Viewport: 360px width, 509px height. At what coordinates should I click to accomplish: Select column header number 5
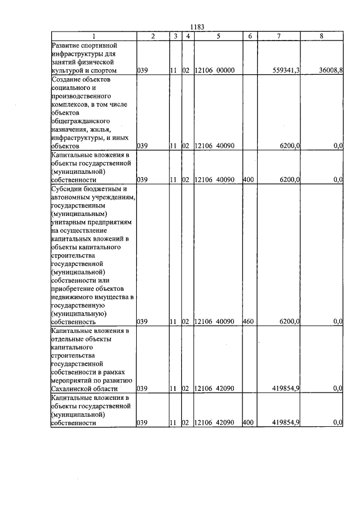(x=217, y=35)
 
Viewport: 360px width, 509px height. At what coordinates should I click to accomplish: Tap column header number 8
(x=321, y=35)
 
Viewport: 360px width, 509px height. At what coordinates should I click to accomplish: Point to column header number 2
(x=152, y=35)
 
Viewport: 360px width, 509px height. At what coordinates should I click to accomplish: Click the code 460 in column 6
(x=249, y=322)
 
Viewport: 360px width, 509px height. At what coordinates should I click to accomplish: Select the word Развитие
(x=65, y=44)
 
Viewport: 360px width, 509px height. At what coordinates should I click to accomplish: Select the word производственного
(x=80, y=96)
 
